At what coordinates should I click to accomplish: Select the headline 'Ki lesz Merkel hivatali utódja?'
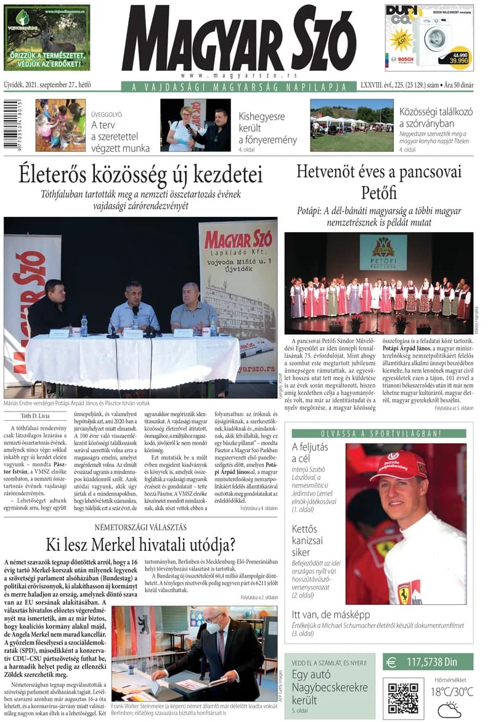141,545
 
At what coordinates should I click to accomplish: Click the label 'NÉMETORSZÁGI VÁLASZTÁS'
141,527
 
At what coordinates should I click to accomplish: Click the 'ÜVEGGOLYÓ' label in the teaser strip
107,115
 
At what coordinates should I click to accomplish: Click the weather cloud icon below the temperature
449,710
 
